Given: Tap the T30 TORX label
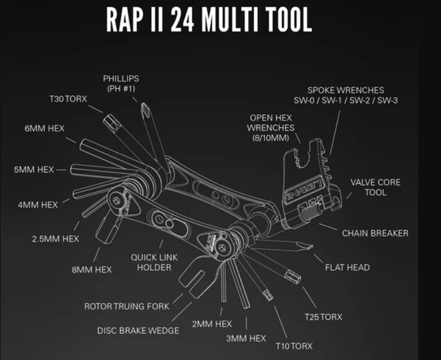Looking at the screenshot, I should click(68, 99).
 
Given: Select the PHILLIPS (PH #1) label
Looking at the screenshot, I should click(121, 83).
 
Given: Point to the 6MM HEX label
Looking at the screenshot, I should click(44, 129).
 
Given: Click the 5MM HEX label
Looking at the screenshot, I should click(34, 169).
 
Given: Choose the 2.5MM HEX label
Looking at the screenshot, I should click(55, 239).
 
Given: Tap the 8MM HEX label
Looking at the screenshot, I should click(92, 270).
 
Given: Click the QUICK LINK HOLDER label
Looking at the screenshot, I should click(154, 262).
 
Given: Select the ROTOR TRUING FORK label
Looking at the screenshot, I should click(127, 306).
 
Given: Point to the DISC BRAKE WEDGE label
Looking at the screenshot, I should click(138, 330).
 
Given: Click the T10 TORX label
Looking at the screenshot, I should click(294, 346).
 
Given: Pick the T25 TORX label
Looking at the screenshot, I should click(323, 317).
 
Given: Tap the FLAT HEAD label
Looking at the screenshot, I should click(347, 268).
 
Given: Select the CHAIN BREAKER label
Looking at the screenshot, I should click(375, 233).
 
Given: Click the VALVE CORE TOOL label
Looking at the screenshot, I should click(375, 187).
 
